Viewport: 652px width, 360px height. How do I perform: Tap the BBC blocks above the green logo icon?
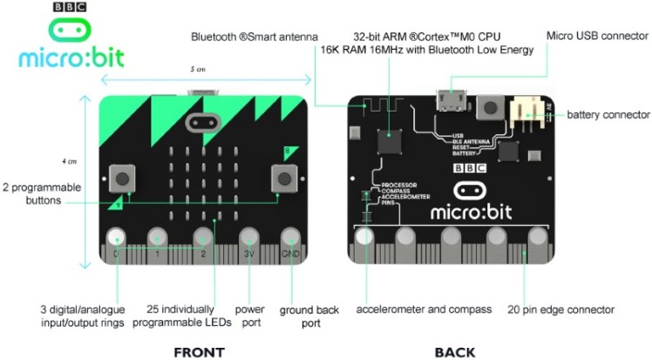click(70, 7)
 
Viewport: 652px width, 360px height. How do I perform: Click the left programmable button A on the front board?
click(123, 179)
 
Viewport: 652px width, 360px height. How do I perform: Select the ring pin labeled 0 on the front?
click(115, 238)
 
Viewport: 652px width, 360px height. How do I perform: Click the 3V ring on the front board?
click(250, 238)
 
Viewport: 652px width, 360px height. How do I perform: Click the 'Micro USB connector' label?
click(596, 36)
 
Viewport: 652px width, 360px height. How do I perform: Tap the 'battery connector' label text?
click(608, 114)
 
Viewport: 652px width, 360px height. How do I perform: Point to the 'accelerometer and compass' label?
click(424, 309)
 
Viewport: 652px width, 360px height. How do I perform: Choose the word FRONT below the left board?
click(199, 352)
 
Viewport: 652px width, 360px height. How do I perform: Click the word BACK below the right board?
click(454, 352)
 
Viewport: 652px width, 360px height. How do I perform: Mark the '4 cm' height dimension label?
click(71, 161)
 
